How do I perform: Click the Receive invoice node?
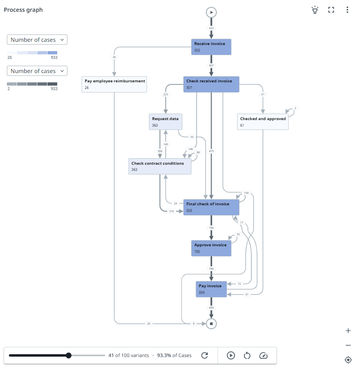(x=211, y=47)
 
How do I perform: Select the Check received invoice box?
(x=211, y=84)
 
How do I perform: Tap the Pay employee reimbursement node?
(x=114, y=84)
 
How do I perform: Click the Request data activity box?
(x=166, y=121)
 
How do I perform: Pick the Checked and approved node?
(x=263, y=122)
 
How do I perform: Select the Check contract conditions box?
(x=160, y=166)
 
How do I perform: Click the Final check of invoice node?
(x=211, y=207)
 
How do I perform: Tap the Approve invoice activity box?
(x=211, y=248)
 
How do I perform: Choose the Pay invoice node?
(x=211, y=289)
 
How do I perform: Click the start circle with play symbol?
(x=211, y=13)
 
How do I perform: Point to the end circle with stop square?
(x=211, y=323)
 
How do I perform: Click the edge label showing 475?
(x=211, y=151)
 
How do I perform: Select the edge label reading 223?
(x=166, y=94)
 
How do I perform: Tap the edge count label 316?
(x=171, y=211)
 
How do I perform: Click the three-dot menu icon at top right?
(x=347, y=10)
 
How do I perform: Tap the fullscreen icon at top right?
(x=331, y=10)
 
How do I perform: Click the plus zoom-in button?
(x=348, y=331)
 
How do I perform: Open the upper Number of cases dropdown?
(x=37, y=40)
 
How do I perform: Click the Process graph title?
(x=23, y=10)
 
